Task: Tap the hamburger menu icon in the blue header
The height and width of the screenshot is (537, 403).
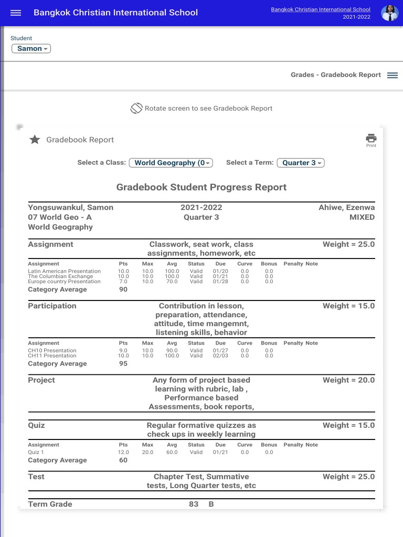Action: click(x=16, y=13)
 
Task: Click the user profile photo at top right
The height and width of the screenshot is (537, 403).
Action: click(x=389, y=13)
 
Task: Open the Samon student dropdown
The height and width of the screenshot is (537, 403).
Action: click(x=31, y=49)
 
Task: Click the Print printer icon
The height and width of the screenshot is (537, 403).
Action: click(x=371, y=139)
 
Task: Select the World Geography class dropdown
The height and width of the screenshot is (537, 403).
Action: click(x=171, y=163)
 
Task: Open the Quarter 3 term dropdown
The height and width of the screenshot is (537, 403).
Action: click(x=301, y=163)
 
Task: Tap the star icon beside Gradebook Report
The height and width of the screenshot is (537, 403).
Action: click(x=35, y=139)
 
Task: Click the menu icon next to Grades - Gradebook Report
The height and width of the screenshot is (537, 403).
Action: click(x=393, y=75)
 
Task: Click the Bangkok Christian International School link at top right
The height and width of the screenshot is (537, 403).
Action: click(x=320, y=9)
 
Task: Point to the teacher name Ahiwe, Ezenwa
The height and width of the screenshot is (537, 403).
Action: click(x=346, y=208)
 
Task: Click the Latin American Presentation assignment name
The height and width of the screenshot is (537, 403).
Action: click(x=64, y=271)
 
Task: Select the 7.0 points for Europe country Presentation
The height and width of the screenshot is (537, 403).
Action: click(x=123, y=282)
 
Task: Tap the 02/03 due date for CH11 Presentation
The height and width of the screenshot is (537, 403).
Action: click(x=220, y=356)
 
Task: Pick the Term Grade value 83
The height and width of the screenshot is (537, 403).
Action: click(x=194, y=504)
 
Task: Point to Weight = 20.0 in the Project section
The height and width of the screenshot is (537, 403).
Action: click(x=348, y=380)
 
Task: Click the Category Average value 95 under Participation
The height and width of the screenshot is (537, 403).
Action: click(x=123, y=363)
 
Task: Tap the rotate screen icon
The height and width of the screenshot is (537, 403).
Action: click(x=136, y=109)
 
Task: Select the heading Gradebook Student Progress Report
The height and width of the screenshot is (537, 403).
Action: click(x=201, y=187)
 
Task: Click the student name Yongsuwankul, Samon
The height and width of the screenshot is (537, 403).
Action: click(x=70, y=208)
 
